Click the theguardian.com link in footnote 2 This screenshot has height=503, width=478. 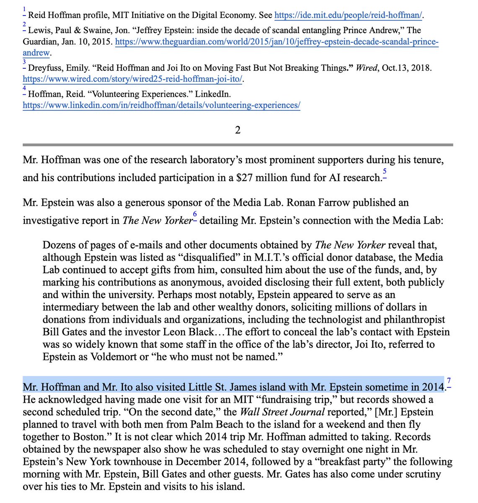276,43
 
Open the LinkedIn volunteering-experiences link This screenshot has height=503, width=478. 161,105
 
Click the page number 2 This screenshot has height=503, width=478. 238,130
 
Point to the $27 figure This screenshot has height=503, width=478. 244,178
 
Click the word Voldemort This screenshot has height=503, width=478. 114,357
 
